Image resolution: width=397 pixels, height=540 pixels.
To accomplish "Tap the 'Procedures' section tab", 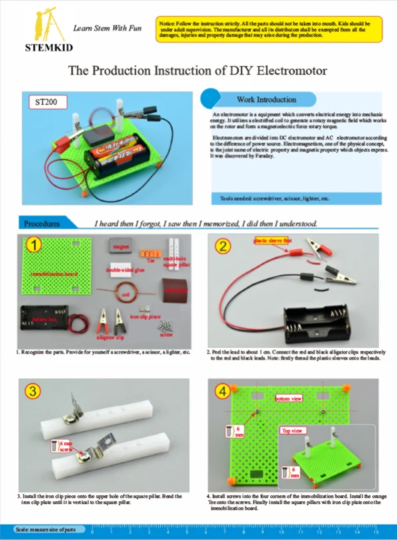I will point(41,224).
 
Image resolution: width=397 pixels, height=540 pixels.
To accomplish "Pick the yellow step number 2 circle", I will point(224,245).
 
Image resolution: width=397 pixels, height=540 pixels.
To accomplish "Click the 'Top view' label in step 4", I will point(292,431).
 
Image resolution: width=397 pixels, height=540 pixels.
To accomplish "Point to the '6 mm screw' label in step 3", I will point(65,445).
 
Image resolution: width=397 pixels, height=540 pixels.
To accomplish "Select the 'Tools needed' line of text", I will point(274,199).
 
